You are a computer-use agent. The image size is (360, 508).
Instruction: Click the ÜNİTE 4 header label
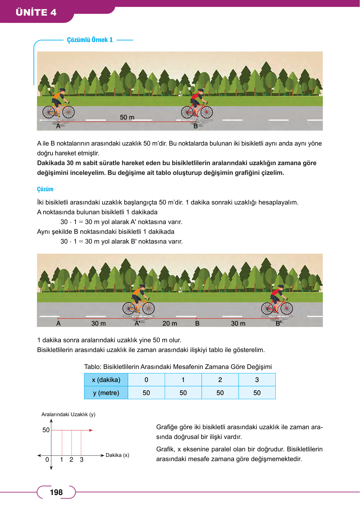click(x=36, y=12)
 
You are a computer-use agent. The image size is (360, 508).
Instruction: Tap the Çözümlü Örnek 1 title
click(x=90, y=40)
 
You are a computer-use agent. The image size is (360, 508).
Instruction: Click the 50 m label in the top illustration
click(x=127, y=117)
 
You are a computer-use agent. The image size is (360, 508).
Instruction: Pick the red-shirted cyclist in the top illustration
click(x=197, y=104)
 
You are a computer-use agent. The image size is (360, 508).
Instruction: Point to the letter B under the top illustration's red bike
click(x=196, y=126)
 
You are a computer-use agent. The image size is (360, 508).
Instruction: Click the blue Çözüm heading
click(x=45, y=189)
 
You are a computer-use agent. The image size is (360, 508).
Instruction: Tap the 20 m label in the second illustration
click(x=170, y=323)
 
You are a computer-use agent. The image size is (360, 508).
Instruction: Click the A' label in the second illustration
click(x=137, y=323)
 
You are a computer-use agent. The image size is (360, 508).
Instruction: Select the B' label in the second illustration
click(x=278, y=323)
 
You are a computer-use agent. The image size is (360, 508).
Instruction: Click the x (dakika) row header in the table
click(x=106, y=380)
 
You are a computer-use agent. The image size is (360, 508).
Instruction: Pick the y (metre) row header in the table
click(x=106, y=393)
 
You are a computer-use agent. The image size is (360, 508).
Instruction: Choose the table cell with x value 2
click(x=220, y=380)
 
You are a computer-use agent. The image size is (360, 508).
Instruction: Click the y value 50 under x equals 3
click(x=257, y=393)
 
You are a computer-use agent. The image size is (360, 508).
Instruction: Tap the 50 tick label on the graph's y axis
click(x=46, y=430)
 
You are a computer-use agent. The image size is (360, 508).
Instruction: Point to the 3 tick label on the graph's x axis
click(x=81, y=459)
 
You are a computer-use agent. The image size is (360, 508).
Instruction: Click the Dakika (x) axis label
click(x=117, y=455)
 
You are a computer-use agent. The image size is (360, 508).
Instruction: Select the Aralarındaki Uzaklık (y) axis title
click(x=68, y=414)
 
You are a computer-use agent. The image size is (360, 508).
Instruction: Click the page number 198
click(x=56, y=492)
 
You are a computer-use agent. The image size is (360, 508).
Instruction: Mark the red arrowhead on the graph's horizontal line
click(x=91, y=430)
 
